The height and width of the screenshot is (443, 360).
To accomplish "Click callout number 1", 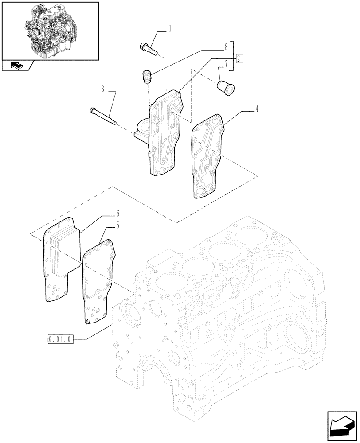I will coord(170,29).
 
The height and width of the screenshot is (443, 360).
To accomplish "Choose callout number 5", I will coord(117,225).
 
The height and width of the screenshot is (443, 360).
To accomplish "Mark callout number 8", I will coord(226,46).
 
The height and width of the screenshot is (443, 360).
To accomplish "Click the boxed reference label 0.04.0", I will coord(59,340).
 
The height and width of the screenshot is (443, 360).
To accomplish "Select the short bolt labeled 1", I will coord(149,48).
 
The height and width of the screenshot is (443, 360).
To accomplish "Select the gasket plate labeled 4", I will coord(207,155).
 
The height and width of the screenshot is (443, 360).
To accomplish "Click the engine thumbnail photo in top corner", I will coord(50,30).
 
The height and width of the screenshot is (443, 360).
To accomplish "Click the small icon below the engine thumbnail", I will coord(17,66).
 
